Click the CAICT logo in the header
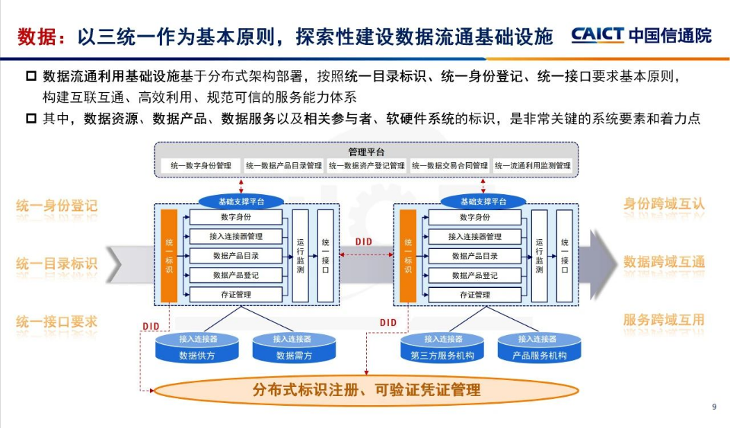click(641, 36)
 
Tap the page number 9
click(714, 407)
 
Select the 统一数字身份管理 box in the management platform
click(201, 165)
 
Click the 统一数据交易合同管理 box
click(450, 165)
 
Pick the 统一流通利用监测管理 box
click(532, 165)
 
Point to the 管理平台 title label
click(365, 152)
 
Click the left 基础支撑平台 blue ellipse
click(241, 202)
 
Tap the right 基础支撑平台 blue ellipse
click(483, 202)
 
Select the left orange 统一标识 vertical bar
click(169, 255)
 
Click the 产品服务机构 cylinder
click(537, 349)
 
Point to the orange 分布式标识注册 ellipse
click(366, 390)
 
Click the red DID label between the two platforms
click(364, 242)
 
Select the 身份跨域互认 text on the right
click(664, 204)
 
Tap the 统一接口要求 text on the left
click(57, 321)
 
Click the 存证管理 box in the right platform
click(475, 295)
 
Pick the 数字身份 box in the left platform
click(236, 218)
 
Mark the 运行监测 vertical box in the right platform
click(539, 255)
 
